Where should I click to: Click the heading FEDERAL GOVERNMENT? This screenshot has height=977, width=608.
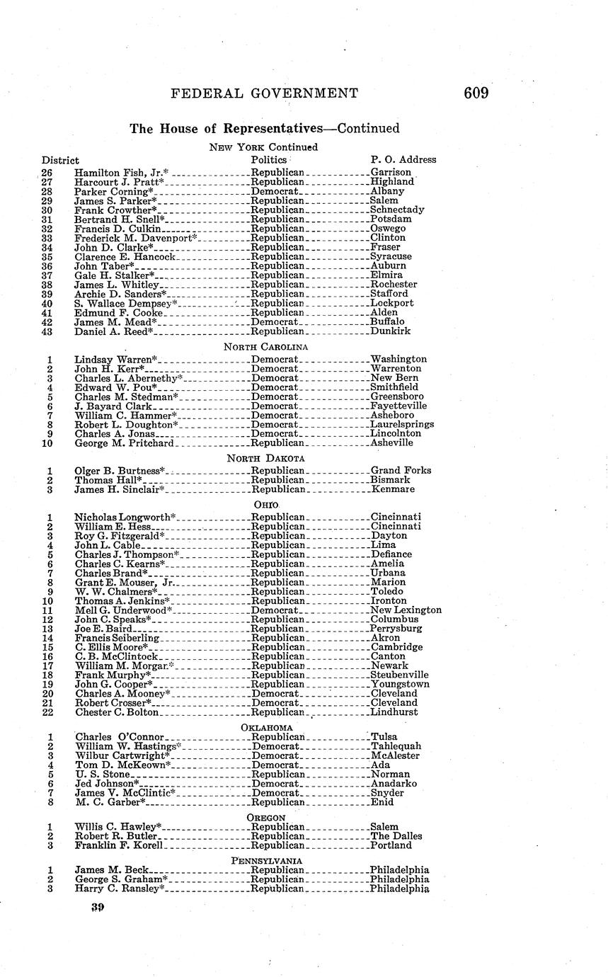point(265,93)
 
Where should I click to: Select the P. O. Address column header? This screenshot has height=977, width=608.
point(403,160)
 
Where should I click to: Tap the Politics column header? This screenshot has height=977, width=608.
point(269,160)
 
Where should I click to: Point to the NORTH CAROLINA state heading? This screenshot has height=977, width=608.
point(265,347)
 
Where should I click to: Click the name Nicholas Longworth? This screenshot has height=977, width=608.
point(124,518)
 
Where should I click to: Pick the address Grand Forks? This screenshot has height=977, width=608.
point(400,471)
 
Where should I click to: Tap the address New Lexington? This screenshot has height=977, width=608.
point(406,610)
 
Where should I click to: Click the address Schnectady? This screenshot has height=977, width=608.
point(397,210)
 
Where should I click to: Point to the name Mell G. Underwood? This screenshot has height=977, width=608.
point(120,610)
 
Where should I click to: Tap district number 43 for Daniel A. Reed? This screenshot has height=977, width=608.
point(47,331)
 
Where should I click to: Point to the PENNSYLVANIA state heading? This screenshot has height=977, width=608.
point(266,861)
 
